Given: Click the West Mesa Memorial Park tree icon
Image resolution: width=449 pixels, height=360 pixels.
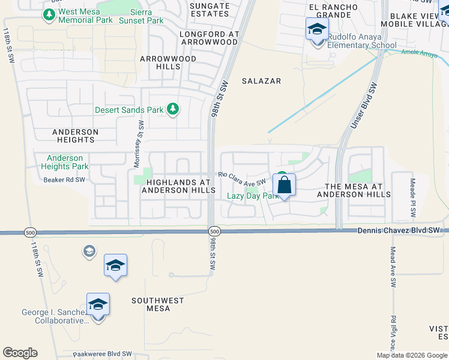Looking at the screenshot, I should point(49,14).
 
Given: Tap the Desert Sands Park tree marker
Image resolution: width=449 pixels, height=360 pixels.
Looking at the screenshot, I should point(173,109).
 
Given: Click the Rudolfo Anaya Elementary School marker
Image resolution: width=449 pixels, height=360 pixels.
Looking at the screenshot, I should point(316,29).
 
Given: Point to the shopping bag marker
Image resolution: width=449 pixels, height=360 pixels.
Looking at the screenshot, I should point(285,185).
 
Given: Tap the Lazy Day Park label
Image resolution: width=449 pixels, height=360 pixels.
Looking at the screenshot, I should point(252,196).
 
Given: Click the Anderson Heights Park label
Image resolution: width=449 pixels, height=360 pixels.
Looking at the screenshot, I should point(64,162).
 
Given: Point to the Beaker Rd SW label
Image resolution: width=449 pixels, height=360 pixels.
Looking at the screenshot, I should point(64,179).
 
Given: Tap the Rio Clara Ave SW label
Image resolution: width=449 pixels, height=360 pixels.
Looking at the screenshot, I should point(242,178).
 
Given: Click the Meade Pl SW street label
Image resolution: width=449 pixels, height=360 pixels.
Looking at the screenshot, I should point(412,197).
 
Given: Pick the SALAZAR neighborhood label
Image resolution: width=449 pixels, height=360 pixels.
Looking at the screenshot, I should point(261,81).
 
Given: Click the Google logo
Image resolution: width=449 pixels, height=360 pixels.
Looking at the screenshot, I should point(20,353).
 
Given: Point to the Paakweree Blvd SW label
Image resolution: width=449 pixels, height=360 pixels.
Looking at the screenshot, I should point(101,355).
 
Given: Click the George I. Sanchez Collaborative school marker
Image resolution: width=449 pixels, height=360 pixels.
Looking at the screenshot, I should point(98,305).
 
